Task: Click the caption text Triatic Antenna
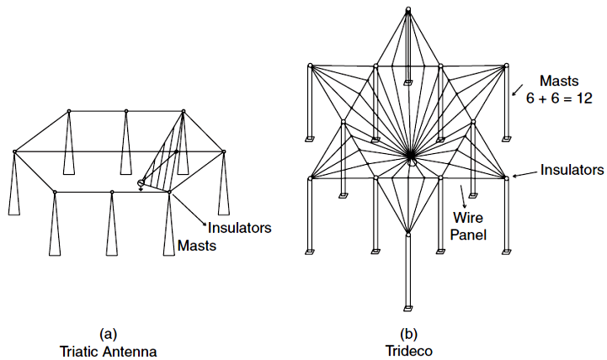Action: (107, 349)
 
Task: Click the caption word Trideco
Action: (407, 349)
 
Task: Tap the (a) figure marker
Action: (107, 333)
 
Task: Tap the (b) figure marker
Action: (407, 333)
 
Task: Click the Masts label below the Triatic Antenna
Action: (196, 246)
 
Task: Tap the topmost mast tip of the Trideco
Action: (408, 9)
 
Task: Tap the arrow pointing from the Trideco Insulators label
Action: (525, 173)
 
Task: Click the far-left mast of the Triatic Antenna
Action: (14, 185)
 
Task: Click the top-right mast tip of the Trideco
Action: (507, 64)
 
